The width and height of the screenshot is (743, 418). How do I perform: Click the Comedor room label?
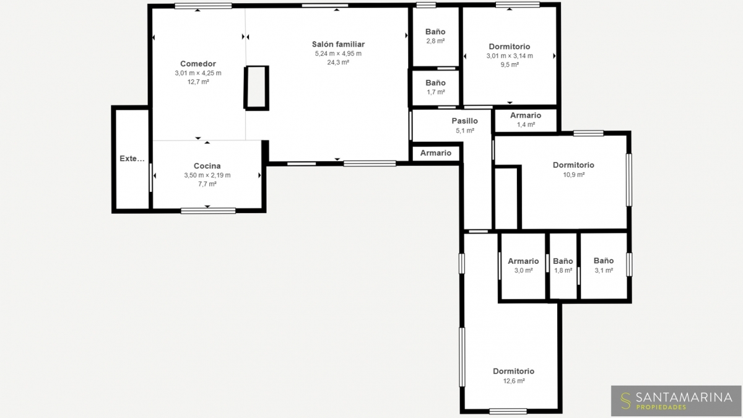(x=198, y=64)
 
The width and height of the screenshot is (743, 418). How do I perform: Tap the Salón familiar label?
(x=338, y=44)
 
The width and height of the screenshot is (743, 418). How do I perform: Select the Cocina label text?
(x=207, y=166)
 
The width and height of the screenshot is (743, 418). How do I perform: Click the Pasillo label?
(x=465, y=121)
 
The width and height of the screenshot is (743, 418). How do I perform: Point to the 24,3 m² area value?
(x=338, y=62)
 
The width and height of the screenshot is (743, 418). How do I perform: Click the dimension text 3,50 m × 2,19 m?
(x=207, y=175)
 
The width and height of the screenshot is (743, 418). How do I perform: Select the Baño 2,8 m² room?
(x=435, y=36)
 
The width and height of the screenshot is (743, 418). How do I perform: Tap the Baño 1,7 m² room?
(x=435, y=87)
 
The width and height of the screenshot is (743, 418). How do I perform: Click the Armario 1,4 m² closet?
(x=526, y=120)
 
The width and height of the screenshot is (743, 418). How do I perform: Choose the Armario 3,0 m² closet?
(x=523, y=266)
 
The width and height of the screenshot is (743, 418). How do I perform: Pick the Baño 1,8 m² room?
(x=563, y=266)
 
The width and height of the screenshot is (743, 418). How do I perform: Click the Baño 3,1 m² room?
(x=604, y=266)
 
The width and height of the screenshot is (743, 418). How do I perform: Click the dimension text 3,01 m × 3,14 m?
(x=510, y=56)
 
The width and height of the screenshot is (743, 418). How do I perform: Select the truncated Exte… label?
(x=132, y=159)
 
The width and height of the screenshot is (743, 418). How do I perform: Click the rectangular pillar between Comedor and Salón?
(x=256, y=87)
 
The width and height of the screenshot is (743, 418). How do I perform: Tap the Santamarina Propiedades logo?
(x=676, y=401)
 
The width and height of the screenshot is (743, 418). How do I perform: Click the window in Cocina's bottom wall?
(x=208, y=211)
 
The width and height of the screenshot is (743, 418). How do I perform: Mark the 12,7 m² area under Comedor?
(x=198, y=82)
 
